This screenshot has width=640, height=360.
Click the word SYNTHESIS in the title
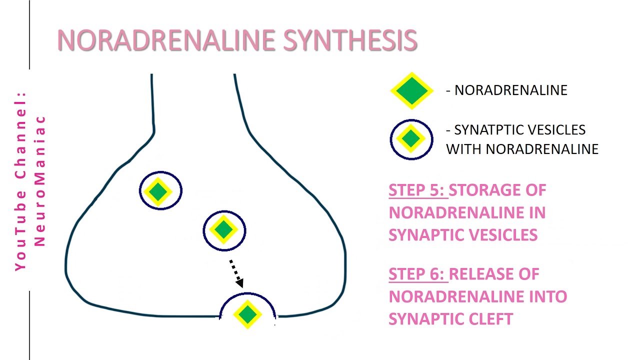click(350, 40)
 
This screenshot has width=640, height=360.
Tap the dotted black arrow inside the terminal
click(236, 273)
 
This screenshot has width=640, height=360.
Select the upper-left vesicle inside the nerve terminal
click(160, 190)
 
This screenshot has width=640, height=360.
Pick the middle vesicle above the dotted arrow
click(224, 230)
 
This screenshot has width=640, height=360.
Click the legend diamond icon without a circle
click(411, 90)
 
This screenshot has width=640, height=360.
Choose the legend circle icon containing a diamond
click(411, 139)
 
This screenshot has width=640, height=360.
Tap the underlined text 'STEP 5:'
click(417, 190)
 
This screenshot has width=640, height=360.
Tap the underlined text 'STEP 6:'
click(417, 274)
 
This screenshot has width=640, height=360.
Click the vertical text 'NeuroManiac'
click(40, 180)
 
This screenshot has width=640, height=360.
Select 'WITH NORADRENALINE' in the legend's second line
click(522, 149)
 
